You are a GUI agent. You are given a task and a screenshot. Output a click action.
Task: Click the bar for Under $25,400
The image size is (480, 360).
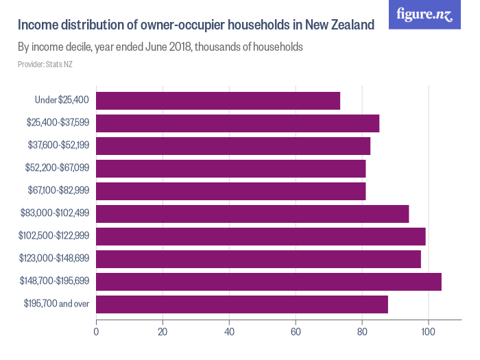point(218,101)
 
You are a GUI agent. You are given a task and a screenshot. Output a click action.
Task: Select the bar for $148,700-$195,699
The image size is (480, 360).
point(269,281)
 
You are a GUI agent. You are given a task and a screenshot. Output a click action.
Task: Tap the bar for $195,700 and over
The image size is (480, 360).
point(242,304)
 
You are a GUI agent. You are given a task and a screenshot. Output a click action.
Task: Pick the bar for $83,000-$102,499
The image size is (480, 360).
point(252,214)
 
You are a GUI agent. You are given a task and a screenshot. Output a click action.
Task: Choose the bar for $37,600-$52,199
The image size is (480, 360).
point(233,146)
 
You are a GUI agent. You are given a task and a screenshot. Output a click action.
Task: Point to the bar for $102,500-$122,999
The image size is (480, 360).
point(261,237)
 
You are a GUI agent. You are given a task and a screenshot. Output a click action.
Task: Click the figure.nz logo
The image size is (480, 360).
point(424,14)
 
